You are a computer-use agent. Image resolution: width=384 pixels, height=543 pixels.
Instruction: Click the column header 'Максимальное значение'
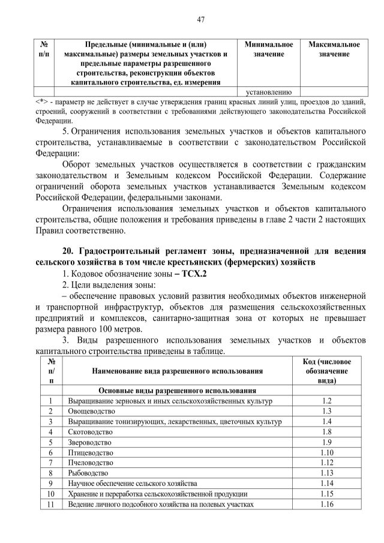tap(334, 50)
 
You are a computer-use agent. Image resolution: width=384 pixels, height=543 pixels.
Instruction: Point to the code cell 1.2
tap(326, 400)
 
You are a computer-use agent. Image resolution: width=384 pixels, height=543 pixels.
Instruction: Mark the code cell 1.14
tap(326, 484)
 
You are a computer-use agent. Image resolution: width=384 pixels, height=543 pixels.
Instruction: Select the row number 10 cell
tap(51, 494)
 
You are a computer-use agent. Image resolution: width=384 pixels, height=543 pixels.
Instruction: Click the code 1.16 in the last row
tap(326, 504)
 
